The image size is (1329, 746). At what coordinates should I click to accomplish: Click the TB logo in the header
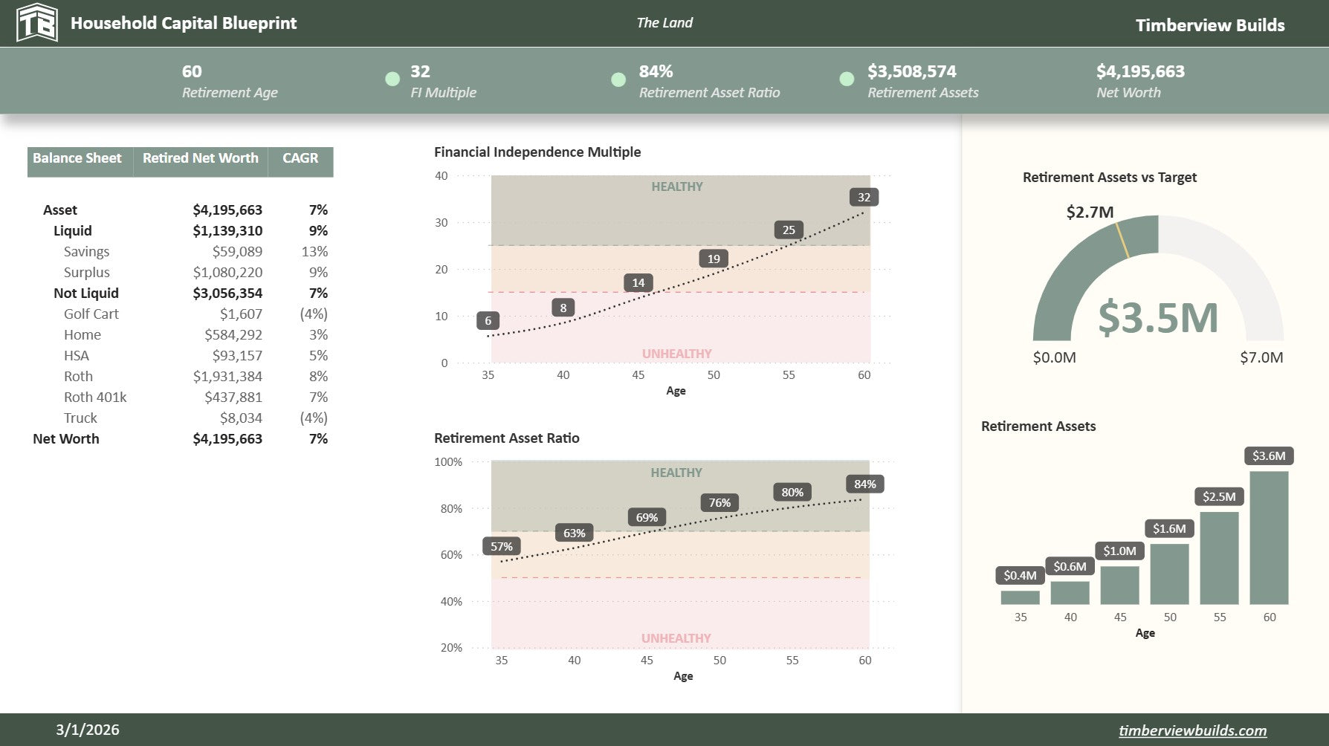[x=36, y=23]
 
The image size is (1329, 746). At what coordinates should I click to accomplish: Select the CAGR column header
[x=300, y=158]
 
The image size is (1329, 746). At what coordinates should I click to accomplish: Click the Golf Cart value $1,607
[x=241, y=314]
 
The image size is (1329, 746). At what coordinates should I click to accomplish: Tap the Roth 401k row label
[x=95, y=398]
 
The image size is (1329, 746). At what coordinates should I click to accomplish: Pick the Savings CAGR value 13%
[x=314, y=252]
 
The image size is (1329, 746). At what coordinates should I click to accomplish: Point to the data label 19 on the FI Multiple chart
[x=714, y=259]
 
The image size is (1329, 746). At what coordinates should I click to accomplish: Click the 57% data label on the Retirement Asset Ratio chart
[x=502, y=547]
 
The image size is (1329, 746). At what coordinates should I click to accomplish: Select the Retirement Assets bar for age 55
[x=1219, y=557]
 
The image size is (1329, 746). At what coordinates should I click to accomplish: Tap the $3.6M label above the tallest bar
[x=1269, y=456]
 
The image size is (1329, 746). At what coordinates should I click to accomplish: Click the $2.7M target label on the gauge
[x=1090, y=213]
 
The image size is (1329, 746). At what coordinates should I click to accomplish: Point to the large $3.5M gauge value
[x=1158, y=317]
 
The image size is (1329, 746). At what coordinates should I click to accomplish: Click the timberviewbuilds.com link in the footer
[x=1192, y=730]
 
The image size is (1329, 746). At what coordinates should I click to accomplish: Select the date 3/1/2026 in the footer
[x=88, y=730]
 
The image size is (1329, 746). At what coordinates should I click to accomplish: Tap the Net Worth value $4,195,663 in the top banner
[x=1140, y=71]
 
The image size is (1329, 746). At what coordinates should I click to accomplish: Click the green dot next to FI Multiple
[x=392, y=80]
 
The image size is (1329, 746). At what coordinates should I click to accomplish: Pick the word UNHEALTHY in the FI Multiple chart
[x=676, y=354]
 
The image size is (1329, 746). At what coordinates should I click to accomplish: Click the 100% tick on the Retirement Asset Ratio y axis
[x=448, y=462]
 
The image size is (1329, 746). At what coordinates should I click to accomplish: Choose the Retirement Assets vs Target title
[x=1109, y=178]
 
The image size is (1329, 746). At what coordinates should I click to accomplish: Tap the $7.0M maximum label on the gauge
[x=1261, y=357]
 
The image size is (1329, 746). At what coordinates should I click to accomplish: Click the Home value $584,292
[x=233, y=335]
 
